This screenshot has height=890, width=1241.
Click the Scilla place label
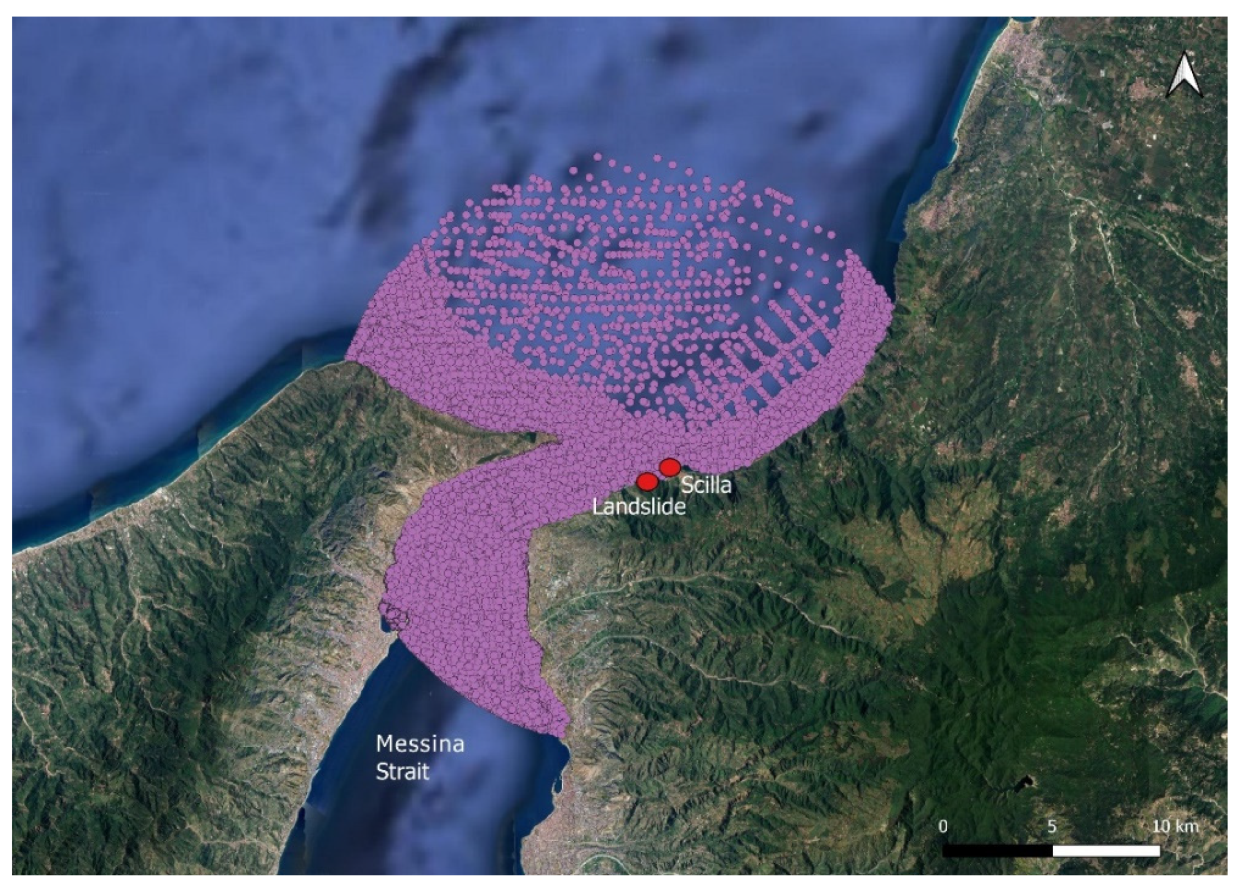coord(706,485)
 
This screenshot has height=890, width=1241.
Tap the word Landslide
coord(638,507)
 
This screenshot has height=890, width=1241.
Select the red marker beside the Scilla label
coord(669,467)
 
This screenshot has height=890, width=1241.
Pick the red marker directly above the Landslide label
coord(647,481)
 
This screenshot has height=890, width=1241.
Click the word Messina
coord(420,745)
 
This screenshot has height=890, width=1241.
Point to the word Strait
coord(402,772)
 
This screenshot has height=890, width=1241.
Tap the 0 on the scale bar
coord(943,826)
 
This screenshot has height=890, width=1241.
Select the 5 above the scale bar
coord(1052,826)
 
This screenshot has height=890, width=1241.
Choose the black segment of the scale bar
coord(998,851)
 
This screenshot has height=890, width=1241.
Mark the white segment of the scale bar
coord(1106,851)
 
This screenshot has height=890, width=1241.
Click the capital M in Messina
coord(385,745)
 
